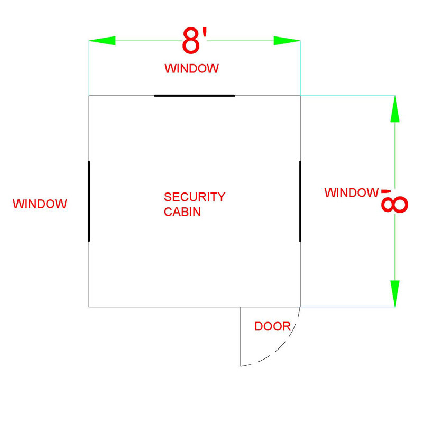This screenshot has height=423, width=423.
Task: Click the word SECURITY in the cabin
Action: pos(195,197)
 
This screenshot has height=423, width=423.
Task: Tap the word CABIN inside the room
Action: pos(182,212)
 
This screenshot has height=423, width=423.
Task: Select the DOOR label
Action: pos(273,326)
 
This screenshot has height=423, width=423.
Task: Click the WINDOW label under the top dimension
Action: pos(191,69)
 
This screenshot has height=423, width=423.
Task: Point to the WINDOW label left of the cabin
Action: pos(40,204)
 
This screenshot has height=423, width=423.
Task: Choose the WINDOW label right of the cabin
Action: pos(352,192)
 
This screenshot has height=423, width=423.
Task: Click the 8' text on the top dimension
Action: pos(195,40)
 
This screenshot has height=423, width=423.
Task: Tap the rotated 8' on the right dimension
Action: pos(394,201)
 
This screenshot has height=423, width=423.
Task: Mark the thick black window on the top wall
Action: pos(195,96)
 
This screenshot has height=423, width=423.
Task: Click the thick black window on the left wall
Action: pos(89,201)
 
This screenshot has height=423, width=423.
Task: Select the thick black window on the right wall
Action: pos(300,201)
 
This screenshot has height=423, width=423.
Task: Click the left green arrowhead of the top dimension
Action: pos(102,41)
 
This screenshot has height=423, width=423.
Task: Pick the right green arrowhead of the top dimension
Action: pos(287,41)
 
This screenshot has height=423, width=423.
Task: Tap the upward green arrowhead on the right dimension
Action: pos(395,109)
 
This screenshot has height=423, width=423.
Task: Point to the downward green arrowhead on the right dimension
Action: pos(395,293)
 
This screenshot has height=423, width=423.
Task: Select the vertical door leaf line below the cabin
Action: pos(241,337)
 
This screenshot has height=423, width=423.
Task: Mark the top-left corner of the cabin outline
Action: pos(89,96)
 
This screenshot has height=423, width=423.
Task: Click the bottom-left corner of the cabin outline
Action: pos(89,307)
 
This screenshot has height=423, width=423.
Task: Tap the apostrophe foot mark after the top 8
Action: pos(205,33)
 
